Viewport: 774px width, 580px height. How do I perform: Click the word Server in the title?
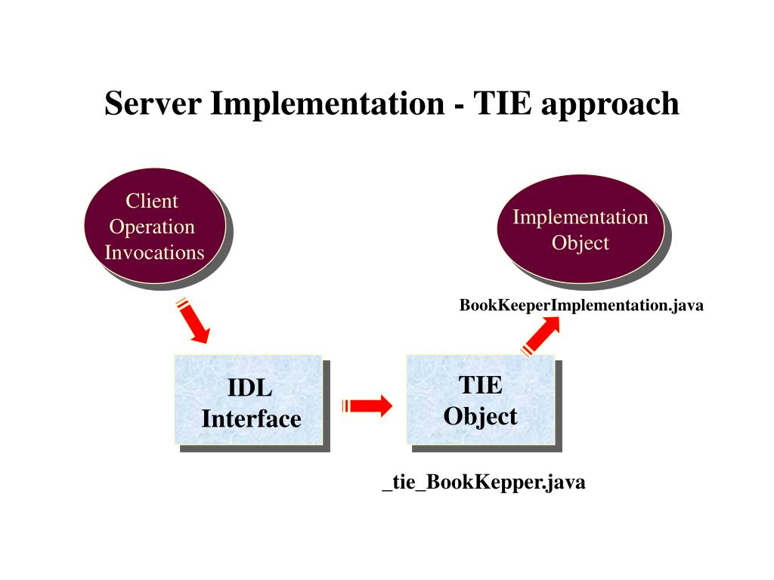pyautogui.click(x=153, y=103)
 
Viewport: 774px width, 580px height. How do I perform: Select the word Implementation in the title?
pyautogui.click(x=327, y=103)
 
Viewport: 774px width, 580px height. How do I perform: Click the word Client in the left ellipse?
pyautogui.click(x=152, y=201)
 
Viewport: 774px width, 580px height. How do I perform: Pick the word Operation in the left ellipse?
pyautogui.click(x=152, y=227)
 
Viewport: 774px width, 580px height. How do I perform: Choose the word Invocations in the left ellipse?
pyautogui.click(x=154, y=252)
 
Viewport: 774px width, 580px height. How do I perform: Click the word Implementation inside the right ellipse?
pyautogui.click(x=580, y=217)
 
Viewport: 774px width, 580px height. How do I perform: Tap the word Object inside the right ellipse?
pyautogui.click(x=580, y=243)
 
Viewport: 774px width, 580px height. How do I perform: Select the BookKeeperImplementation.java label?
pyautogui.click(x=581, y=306)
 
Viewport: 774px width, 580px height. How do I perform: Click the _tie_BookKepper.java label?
pyautogui.click(x=484, y=483)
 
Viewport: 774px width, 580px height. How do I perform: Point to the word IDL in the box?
pyautogui.click(x=250, y=389)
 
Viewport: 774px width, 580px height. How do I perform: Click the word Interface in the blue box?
pyautogui.click(x=251, y=418)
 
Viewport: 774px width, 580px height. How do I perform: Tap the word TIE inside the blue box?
pyautogui.click(x=480, y=386)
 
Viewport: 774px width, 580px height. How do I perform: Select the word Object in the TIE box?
pyautogui.click(x=480, y=416)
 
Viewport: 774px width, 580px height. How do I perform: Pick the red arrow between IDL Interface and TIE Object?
pyautogui.click(x=367, y=406)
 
